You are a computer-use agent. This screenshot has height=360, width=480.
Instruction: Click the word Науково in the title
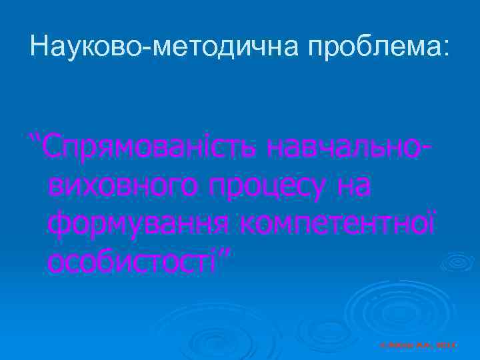click(91, 47)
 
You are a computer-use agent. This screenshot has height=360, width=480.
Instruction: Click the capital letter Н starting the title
click(39, 47)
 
